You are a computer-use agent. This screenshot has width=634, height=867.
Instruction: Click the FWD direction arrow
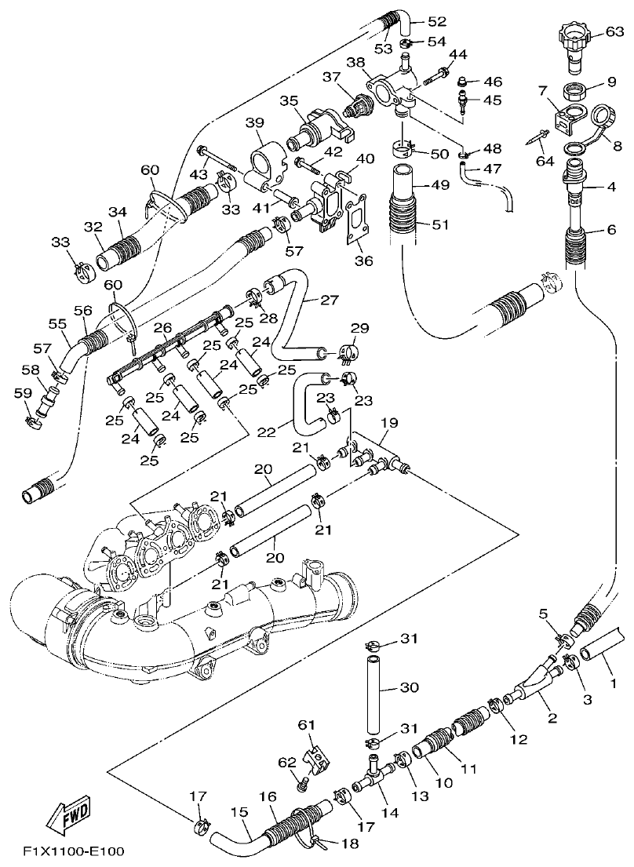pyautogui.click(x=67, y=816)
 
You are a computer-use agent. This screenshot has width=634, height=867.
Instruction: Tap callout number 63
pyautogui.click(x=614, y=32)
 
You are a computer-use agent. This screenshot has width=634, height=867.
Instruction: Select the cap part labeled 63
pyautogui.click(x=575, y=47)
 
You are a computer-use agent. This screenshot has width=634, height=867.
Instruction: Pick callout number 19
pyautogui.click(x=389, y=424)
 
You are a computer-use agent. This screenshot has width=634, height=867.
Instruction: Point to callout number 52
pyautogui.click(x=437, y=22)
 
